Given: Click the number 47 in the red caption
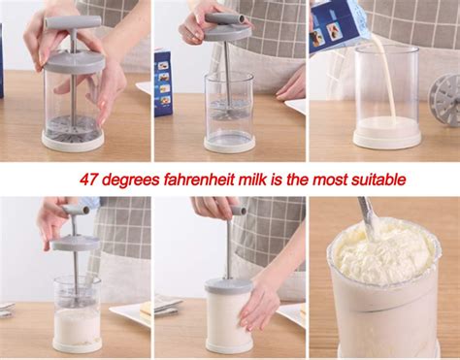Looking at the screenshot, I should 88,180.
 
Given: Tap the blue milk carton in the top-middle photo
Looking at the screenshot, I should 163,82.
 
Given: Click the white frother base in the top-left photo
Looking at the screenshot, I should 73,140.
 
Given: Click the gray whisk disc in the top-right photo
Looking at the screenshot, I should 445,96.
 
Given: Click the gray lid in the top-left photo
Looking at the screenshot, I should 74,60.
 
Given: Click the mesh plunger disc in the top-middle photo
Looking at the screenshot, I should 229,113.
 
